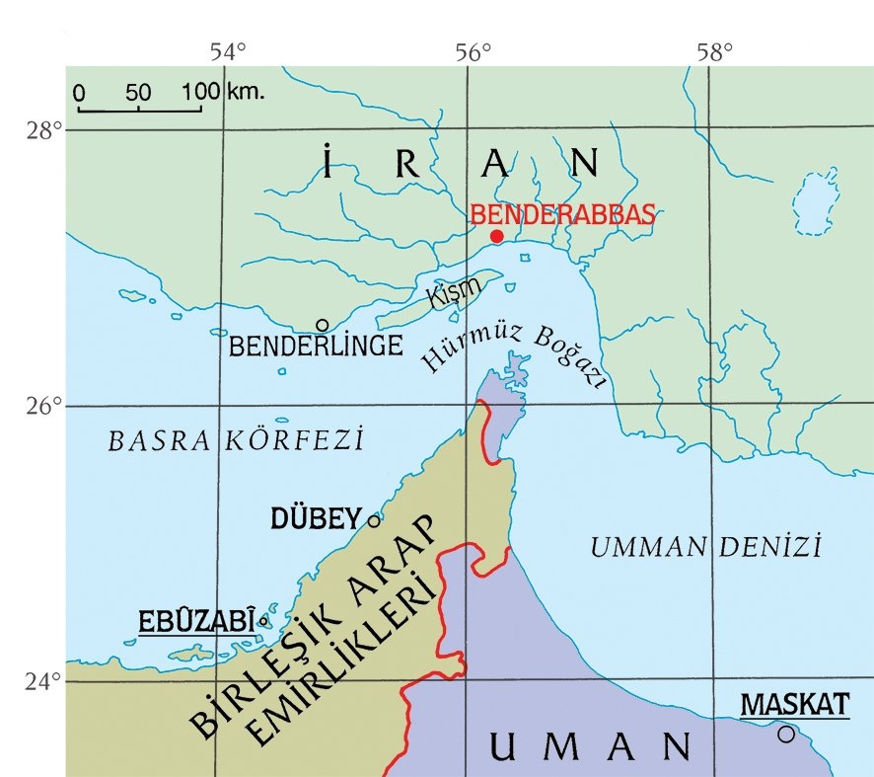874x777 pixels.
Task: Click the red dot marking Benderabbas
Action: click(x=497, y=236)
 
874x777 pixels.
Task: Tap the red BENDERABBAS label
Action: click(x=562, y=214)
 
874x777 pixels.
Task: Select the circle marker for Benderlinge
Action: click(x=322, y=325)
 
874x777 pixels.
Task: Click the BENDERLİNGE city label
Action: click(x=316, y=347)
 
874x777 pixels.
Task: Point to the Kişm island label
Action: click(x=455, y=292)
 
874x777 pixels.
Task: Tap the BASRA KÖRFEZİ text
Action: click(x=236, y=440)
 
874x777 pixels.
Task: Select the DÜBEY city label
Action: click(x=317, y=518)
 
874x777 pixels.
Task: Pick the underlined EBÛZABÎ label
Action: click(x=196, y=622)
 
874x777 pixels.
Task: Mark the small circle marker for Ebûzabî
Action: click(x=263, y=621)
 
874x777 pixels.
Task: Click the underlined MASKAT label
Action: click(x=794, y=704)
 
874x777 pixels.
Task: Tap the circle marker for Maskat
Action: click(x=785, y=734)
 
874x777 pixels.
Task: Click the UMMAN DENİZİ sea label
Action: click(x=705, y=546)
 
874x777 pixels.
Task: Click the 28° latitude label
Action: click(x=44, y=129)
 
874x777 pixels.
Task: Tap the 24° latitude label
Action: click(x=44, y=680)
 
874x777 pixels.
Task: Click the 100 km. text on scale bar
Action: click(x=223, y=92)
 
